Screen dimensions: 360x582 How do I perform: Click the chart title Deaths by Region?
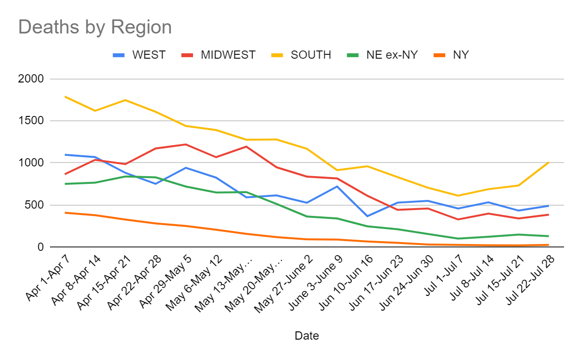point(95,27)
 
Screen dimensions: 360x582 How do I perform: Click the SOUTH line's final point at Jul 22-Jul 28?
point(548,163)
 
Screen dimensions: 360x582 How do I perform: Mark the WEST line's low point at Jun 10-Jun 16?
point(367,216)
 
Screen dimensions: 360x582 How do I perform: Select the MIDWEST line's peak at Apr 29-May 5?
point(186,145)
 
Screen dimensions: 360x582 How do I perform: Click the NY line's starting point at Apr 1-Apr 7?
point(65,213)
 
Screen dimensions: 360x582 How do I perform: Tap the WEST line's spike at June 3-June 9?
point(337,186)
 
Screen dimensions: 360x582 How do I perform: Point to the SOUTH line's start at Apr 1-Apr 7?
point(65,97)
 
